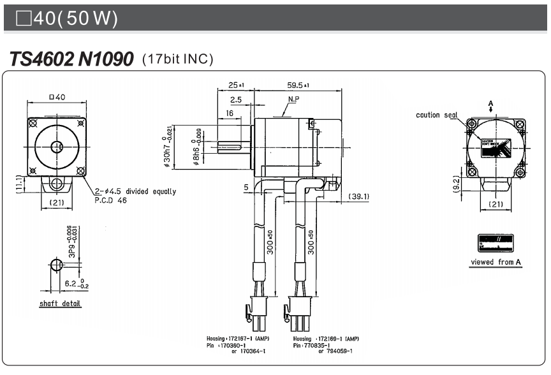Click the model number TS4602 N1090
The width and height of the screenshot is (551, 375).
click(x=71, y=59)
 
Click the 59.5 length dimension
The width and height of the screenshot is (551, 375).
click(x=298, y=85)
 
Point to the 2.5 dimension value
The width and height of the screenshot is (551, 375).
click(x=235, y=100)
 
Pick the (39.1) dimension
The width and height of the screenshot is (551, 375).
click(x=358, y=196)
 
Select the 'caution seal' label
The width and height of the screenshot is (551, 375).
click(x=437, y=115)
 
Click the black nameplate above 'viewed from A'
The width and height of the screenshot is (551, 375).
click(x=496, y=242)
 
